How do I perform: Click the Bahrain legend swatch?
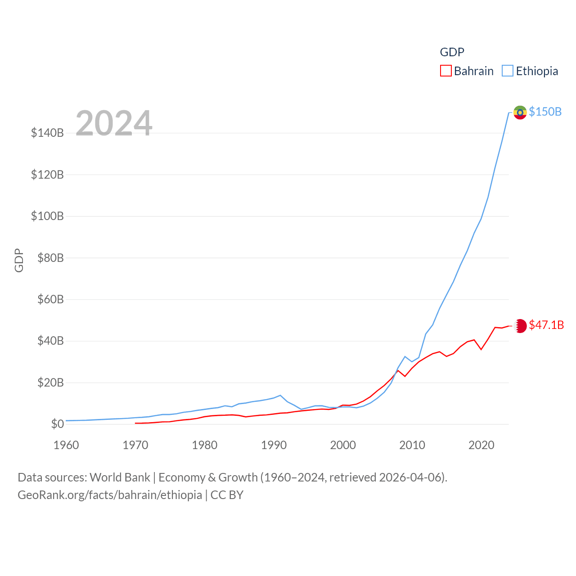tap(445, 71)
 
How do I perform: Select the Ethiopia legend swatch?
tap(508, 71)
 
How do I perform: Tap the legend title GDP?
tap(452, 52)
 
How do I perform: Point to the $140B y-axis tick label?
tap(47, 133)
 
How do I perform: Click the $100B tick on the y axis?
tap(47, 216)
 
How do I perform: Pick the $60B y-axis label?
tap(50, 299)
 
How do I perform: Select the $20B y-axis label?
tap(50, 382)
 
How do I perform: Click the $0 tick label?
tap(57, 424)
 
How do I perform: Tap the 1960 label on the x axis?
tap(66, 445)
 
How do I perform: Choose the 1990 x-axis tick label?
tap(274, 445)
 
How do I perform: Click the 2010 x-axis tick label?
tap(412, 445)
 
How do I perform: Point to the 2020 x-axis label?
tap(481, 445)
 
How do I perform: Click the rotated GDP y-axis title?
tap(19, 260)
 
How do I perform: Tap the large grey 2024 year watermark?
tap(114, 123)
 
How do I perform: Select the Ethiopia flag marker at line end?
tap(520, 112)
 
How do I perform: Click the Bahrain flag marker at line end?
tap(520, 325)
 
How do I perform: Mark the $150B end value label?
tap(545, 112)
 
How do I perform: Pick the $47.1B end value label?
tap(546, 325)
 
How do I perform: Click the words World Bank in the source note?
tap(120, 477)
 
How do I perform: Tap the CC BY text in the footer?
tap(227, 495)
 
